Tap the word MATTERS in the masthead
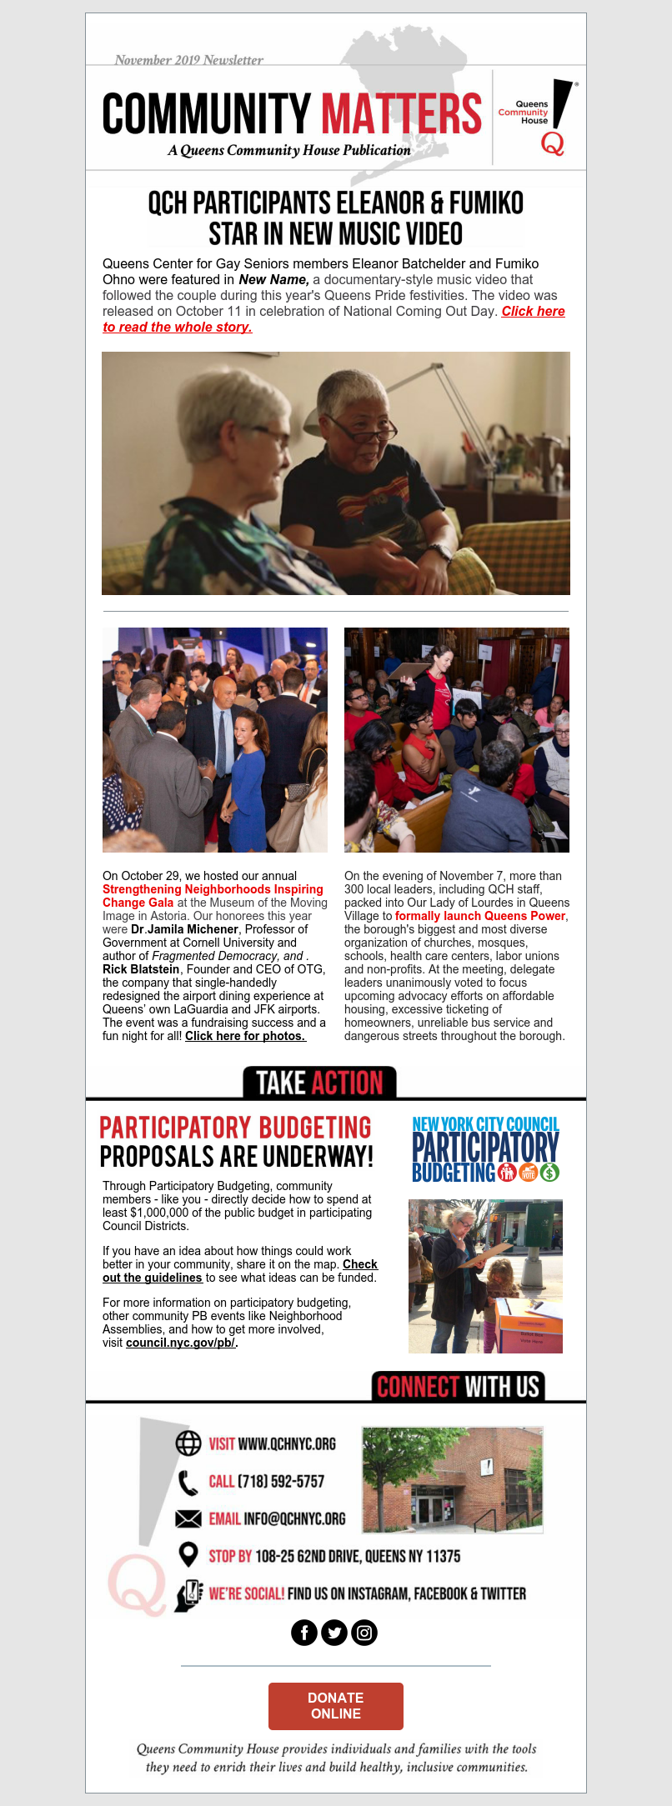(x=401, y=114)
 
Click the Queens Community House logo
(x=538, y=117)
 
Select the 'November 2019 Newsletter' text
(x=188, y=60)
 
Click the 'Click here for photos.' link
(x=245, y=1036)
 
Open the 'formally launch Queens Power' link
(x=480, y=916)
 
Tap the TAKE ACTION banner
(x=319, y=1082)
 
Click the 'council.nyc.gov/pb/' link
(x=181, y=1343)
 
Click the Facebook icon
(x=304, y=1632)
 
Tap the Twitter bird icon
(x=334, y=1632)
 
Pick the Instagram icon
(x=364, y=1632)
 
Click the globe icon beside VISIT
(x=188, y=1443)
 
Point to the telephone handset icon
(x=188, y=1481)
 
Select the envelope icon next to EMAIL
(x=188, y=1518)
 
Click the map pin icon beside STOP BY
(x=188, y=1555)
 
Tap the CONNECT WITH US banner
(x=458, y=1386)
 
